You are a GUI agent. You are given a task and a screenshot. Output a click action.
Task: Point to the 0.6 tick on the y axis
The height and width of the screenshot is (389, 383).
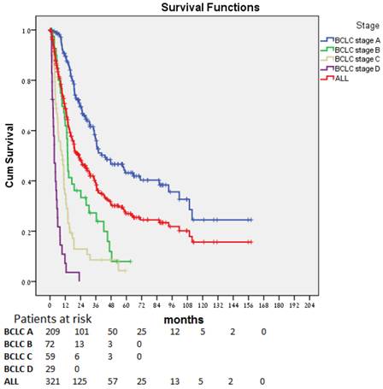31,131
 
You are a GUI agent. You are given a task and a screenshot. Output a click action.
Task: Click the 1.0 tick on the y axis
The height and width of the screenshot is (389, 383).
31,30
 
